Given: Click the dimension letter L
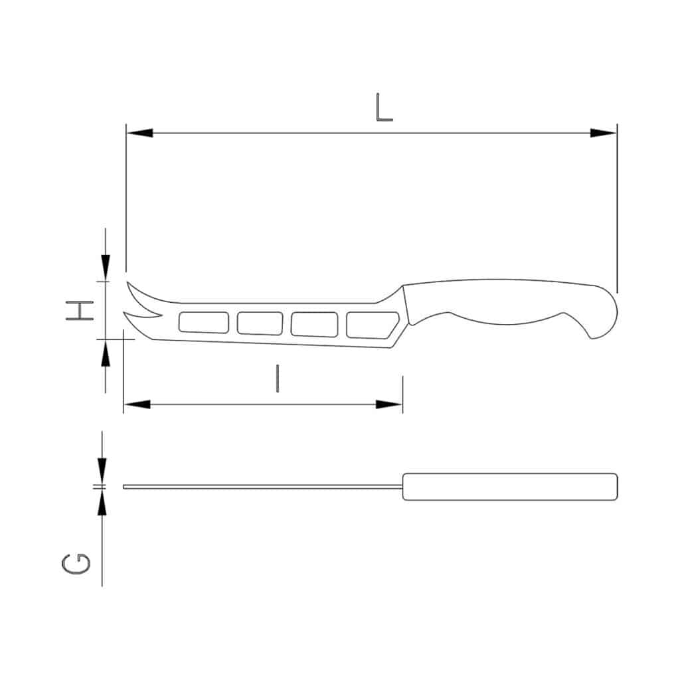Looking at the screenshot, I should (x=384, y=108).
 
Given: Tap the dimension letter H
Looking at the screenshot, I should (x=78, y=310).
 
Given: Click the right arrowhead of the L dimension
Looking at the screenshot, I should (x=604, y=133).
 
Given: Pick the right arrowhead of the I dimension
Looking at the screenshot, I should (x=389, y=404).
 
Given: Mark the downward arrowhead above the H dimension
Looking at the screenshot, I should (x=105, y=267).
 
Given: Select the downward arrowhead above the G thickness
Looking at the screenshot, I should (x=102, y=470).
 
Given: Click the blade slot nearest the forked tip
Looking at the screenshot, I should (x=204, y=322).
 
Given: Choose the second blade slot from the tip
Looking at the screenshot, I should (x=260, y=323).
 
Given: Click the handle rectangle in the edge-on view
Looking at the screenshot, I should (x=510, y=486).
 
